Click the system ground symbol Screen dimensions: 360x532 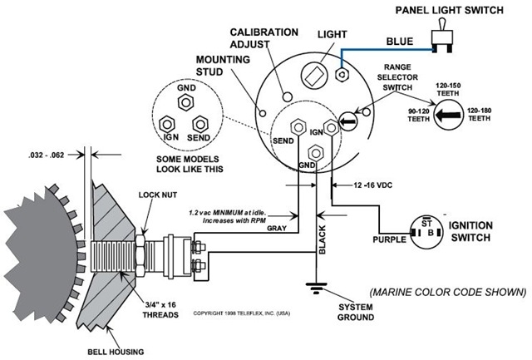point(316,288)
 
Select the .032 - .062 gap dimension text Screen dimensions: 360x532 point(47,155)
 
